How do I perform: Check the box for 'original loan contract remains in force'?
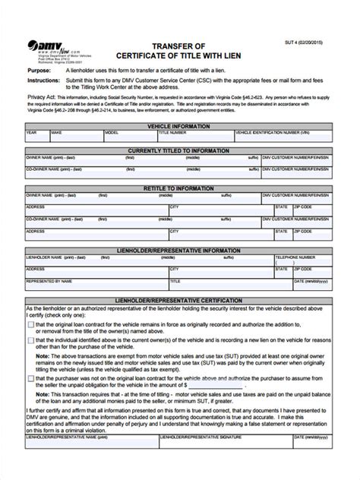pyautogui.click(x=30, y=325)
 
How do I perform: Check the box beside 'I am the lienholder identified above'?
pyautogui.click(x=30, y=340)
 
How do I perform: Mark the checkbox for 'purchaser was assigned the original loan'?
pyautogui.click(x=30, y=378)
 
